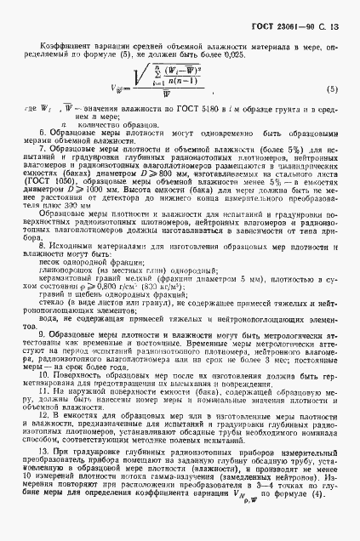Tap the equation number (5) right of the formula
332,89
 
